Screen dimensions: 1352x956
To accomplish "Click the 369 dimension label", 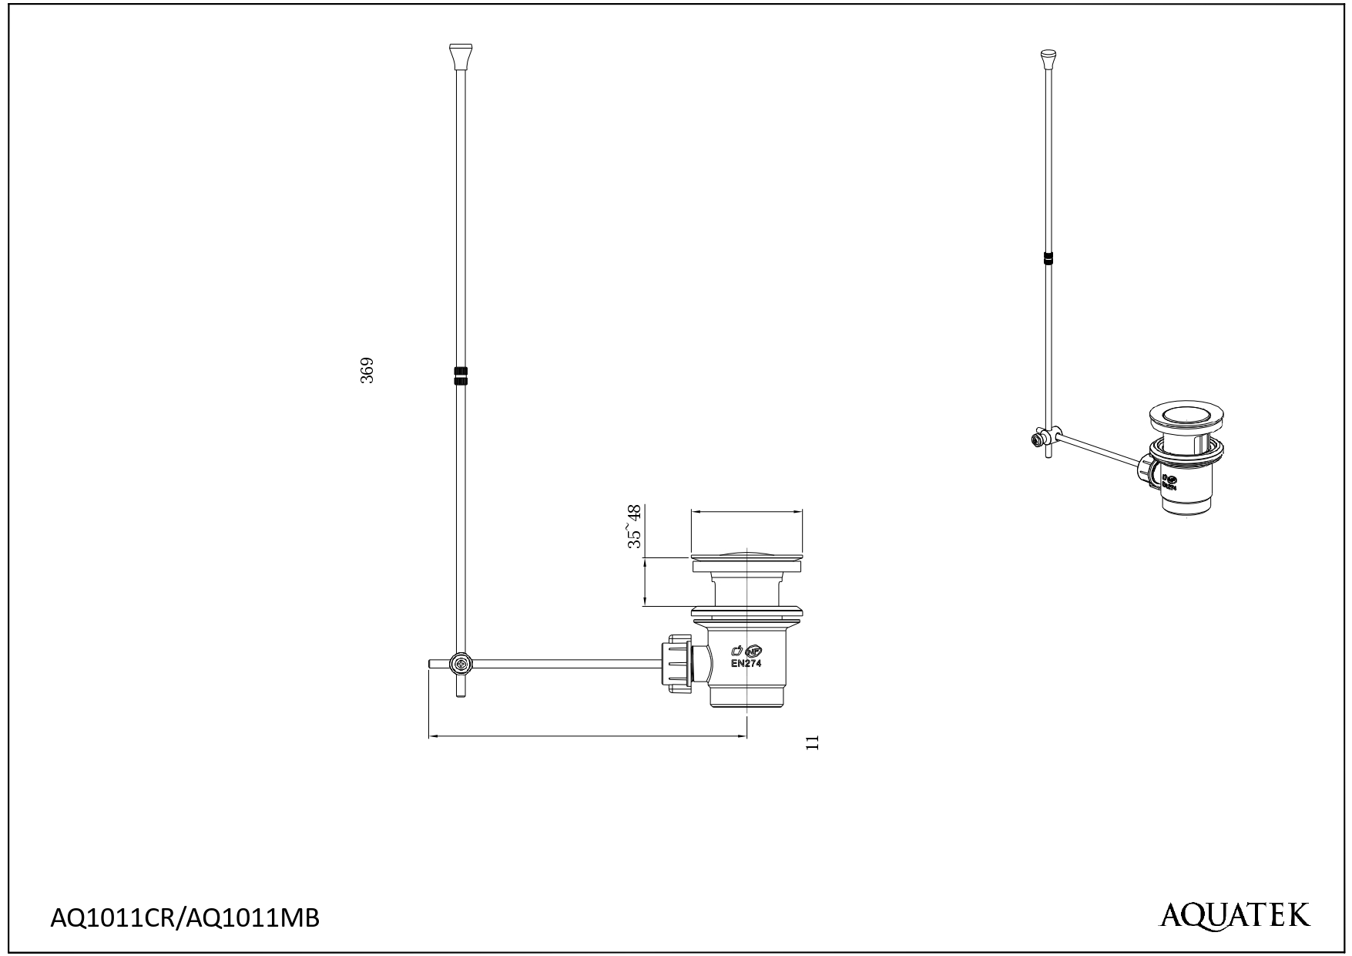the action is coord(367,370).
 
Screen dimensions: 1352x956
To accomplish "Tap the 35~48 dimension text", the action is coord(635,527).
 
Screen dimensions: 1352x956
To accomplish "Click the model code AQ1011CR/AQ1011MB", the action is coord(184,918).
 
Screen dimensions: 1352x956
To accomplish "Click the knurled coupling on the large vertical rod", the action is coord(461,375).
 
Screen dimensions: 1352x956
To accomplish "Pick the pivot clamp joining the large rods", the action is coord(461,664).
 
